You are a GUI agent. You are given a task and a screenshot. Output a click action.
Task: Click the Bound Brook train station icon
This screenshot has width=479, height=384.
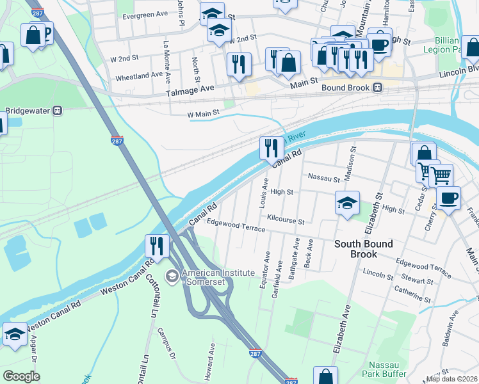click(x=378, y=88)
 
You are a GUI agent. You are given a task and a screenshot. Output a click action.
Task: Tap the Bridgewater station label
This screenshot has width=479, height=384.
click(x=29, y=110)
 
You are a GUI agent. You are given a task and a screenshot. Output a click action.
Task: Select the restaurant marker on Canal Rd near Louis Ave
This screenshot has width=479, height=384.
click(x=272, y=148)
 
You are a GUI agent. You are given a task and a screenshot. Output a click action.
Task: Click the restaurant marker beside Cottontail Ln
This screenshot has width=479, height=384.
click(x=156, y=245)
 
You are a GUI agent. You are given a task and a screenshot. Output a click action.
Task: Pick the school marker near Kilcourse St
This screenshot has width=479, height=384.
click(x=347, y=203)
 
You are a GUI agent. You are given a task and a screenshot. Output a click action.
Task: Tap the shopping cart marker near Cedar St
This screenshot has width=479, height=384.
click(x=440, y=174)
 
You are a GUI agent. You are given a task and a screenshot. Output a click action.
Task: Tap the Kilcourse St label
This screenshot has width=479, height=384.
click(x=286, y=220)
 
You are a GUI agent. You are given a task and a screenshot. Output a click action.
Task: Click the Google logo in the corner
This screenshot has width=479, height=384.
click(x=21, y=376)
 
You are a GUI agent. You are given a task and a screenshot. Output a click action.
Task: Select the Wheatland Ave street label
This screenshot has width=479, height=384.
click(x=138, y=76)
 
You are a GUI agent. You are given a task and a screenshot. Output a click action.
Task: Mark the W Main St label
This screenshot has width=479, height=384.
click(x=203, y=113)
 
